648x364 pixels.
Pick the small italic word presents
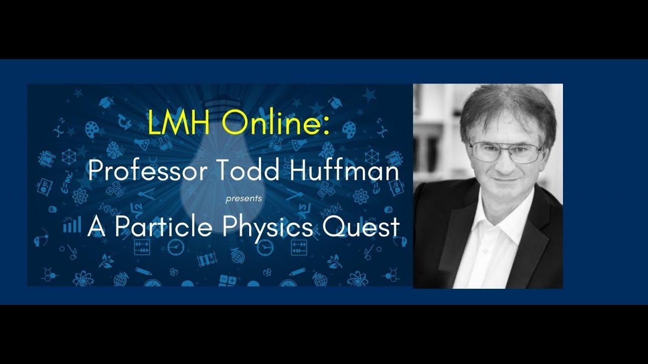pyautogui.click(x=244, y=199)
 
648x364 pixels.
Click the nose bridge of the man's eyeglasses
pyautogui.click(x=505, y=147)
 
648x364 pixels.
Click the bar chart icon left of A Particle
pyautogui.click(x=72, y=225)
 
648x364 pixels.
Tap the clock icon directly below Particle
pyautogui.click(x=176, y=247)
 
